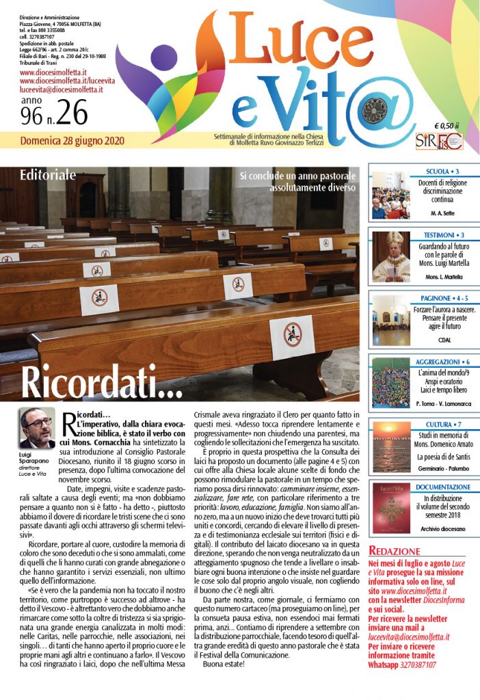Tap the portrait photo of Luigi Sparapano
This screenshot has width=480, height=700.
click(x=38, y=428)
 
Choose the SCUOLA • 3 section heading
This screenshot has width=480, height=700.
click(x=442, y=171)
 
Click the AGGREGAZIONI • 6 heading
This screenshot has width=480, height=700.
click(x=442, y=361)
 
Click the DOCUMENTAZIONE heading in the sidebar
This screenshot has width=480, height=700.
click(x=442, y=487)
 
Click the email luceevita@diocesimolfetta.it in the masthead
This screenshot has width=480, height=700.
click(x=61, y=90)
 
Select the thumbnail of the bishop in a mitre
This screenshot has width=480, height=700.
click(x=390, y=256)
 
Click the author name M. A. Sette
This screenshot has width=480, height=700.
click(x=442, y=214)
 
